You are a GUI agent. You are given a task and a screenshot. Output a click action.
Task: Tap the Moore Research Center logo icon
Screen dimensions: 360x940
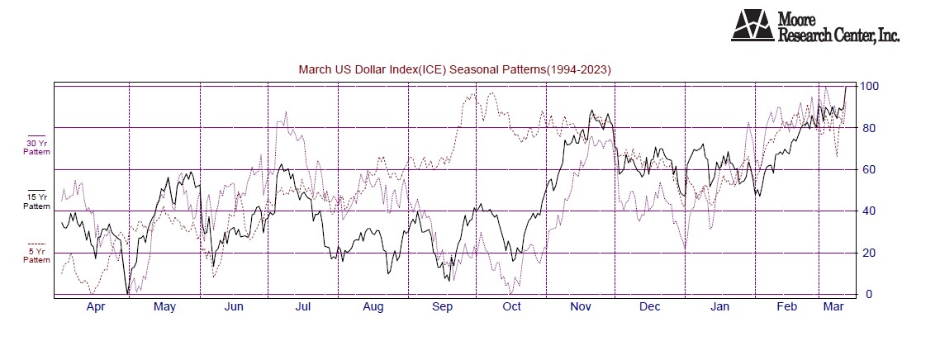[752, 26]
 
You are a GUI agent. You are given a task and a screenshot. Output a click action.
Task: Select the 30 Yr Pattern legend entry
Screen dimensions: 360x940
[36, 148]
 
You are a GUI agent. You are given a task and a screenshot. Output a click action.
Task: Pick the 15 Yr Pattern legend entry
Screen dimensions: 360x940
[36, 201]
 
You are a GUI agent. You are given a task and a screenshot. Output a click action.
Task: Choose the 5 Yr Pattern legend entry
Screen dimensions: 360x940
[36, 255]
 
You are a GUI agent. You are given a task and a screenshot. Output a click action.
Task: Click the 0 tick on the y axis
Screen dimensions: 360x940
[868, 295]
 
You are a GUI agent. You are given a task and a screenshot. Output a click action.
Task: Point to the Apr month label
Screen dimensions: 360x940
[96, 308]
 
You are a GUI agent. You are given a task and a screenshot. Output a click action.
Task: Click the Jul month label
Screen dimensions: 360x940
[303, 308]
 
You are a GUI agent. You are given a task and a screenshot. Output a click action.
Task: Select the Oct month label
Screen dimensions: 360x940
[512, 308]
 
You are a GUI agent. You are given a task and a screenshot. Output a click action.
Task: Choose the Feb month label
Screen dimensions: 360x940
[786, 308]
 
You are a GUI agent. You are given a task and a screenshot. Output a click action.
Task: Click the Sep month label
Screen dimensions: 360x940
[443, 308]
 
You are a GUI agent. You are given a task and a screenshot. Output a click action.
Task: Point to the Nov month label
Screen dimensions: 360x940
[582, 308]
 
